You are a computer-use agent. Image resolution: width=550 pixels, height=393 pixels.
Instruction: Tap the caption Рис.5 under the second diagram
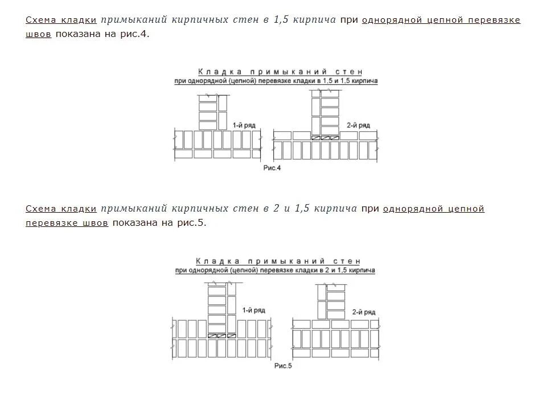tap(283, 366)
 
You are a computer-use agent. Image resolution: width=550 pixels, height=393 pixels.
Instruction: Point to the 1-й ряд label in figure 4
tap(244, 124)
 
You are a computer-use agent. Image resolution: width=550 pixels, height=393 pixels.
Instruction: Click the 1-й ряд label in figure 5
tap(253, 310)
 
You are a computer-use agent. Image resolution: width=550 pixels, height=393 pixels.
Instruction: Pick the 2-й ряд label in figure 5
tap(364, 312)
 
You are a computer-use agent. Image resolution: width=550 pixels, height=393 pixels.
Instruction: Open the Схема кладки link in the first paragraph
tap(61, 20)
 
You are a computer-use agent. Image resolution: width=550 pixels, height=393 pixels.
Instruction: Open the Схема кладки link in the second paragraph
tap(61, 209)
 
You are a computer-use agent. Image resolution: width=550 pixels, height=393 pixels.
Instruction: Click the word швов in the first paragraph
tap(38, 34)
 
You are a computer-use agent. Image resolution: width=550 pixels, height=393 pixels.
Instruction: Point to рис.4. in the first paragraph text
tap(137, 34)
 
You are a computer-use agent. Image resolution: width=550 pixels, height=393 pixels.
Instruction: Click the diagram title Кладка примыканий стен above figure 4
tap(280, 72)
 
